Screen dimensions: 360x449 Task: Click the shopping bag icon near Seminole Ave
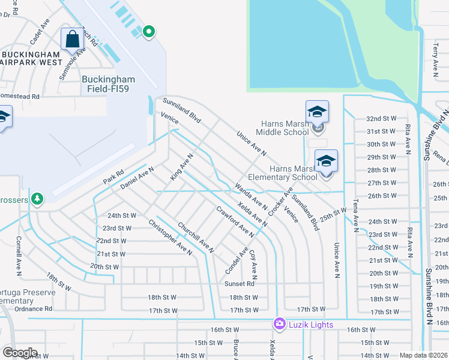coord(72,40)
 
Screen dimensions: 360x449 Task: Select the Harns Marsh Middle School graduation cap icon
coord(317,112)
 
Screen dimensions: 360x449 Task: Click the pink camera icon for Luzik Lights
coord(279,324)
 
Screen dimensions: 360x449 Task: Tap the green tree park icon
coord(37,198)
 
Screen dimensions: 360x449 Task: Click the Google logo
coord(20,353)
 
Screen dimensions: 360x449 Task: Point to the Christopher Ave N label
coord(170,238)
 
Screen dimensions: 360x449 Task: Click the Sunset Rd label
coord(240,284)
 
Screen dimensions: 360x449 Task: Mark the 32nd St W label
coord(382,119)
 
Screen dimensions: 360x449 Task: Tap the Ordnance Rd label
coord(34,308)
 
